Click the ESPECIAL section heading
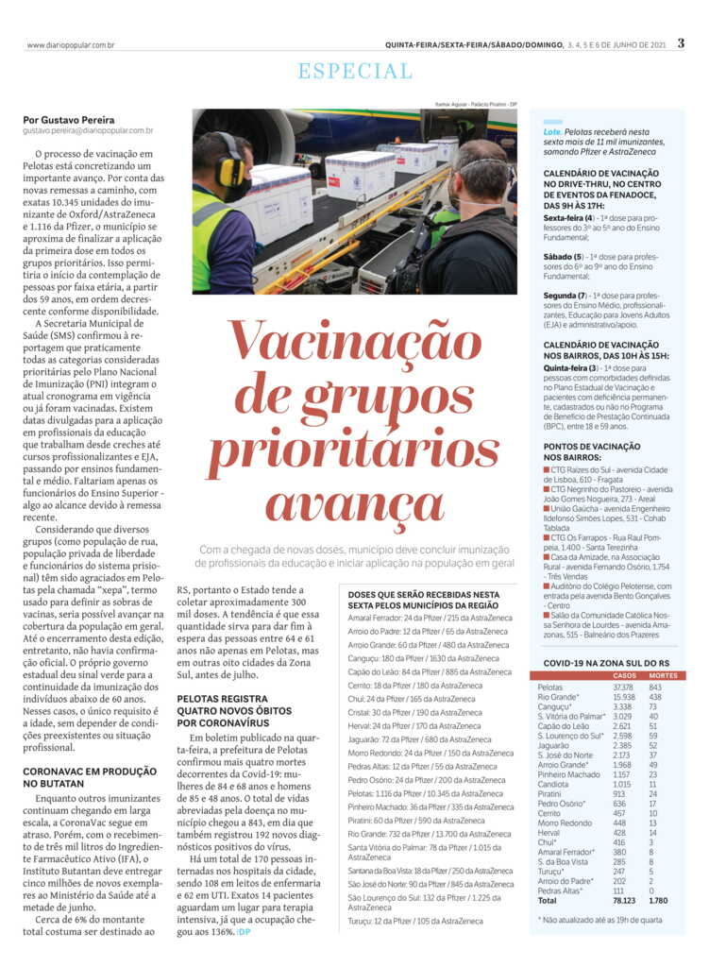[355, 71]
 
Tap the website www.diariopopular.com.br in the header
[72, 44]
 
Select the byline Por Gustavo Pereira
[69, 120]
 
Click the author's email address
[89, 131]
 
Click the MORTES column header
[664, 676]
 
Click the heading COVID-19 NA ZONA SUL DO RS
[605, 665]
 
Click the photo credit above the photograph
[476, 104]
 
